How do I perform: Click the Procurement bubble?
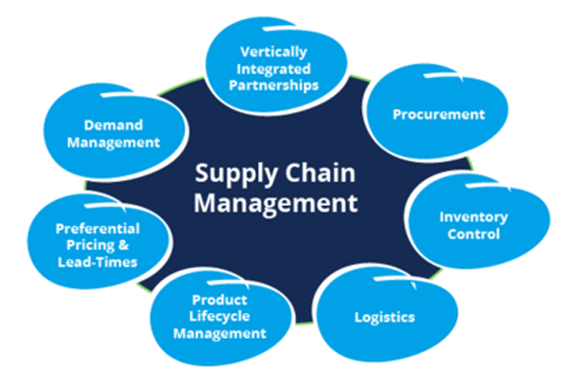click(439, 115)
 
